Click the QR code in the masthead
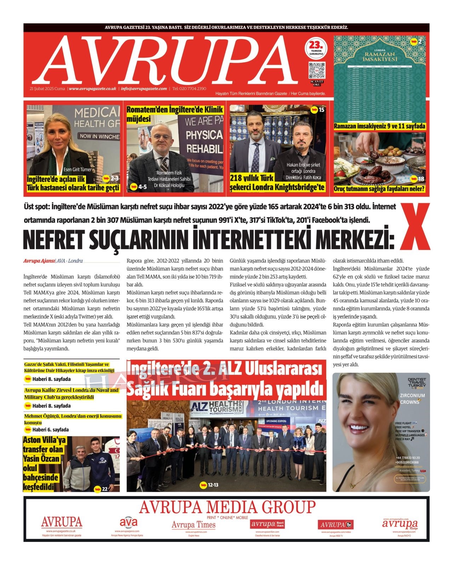[x=317, y=71]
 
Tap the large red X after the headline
[x=415, y=227]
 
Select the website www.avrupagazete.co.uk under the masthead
[x=93, y=89]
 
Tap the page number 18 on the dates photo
[x=417, y=179]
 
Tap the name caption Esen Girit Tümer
[x=77, y=169]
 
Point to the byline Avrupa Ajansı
[x=39, y=261]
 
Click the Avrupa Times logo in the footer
[x=194, y=525]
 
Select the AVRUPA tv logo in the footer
[x=336, y=525]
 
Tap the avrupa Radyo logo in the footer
[x=400, y=524]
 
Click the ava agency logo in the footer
[x=128, y=522]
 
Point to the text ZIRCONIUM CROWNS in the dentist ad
[x=412, y=398]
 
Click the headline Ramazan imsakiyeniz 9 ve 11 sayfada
[x=379, y=126]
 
